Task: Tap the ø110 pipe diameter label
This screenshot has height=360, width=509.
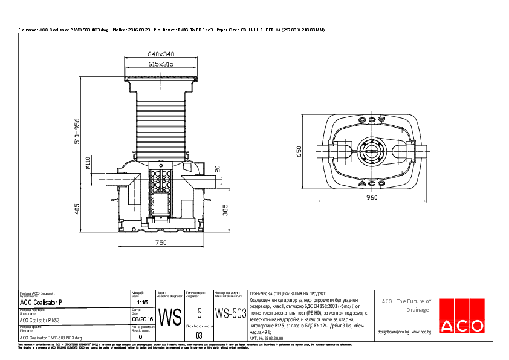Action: point(88,163)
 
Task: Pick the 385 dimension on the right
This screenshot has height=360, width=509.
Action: point(225,210)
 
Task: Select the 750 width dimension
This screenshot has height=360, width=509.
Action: point(161,243)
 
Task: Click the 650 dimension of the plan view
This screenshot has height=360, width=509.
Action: point(298,151)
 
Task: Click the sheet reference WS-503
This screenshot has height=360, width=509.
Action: point(230,313)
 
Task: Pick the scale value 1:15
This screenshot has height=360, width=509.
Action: point(143,301)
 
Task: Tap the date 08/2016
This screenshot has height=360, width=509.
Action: point(143,319)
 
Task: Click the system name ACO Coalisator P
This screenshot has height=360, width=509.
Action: point(41,301)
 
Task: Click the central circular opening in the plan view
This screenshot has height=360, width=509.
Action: point(371,151)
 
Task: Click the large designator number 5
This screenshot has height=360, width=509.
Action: point(199,313)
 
